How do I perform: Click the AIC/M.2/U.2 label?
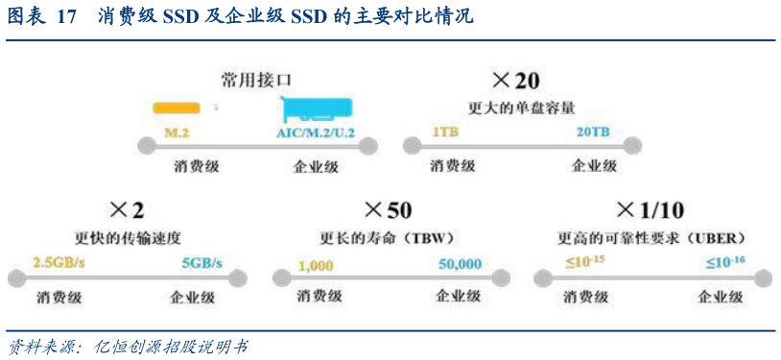point(316,132)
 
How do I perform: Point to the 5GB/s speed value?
point(201,262)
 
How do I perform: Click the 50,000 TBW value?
point(460,263)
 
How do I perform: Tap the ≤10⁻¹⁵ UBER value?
point(584,261)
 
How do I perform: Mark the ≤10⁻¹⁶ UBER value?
point(725,261)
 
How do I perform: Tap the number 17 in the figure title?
point(66,17)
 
